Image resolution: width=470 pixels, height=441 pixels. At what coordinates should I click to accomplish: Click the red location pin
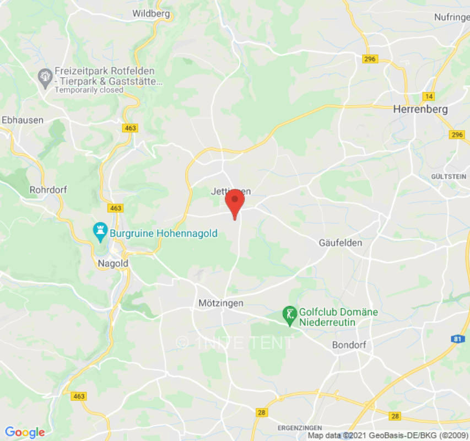pos(235,201)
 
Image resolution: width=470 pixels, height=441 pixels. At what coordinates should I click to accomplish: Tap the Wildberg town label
pos(150,14)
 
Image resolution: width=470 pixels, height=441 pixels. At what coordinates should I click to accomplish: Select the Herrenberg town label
pos(420,110)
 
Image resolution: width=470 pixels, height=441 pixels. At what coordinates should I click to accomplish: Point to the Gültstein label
pos(449,176)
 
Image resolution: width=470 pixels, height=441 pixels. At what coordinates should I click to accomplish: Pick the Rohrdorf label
pos(48,189)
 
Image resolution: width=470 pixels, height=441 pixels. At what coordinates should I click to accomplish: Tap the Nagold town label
pos(112,263)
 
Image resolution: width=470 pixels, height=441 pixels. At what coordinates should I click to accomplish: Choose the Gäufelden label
pos(341,243)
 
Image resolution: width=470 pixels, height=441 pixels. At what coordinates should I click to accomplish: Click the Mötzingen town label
pos(220,303)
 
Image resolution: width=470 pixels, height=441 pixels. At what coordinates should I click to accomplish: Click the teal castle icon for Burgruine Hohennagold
pos(100,233)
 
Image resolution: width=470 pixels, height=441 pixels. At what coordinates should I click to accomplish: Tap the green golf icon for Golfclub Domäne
pos(289,315)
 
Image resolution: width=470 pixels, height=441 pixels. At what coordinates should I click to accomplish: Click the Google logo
pos(24,432)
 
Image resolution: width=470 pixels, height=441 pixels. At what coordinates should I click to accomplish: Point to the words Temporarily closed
pos(89,90)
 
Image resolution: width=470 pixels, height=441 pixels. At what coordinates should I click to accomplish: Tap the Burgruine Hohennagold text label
pos(164,233)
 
